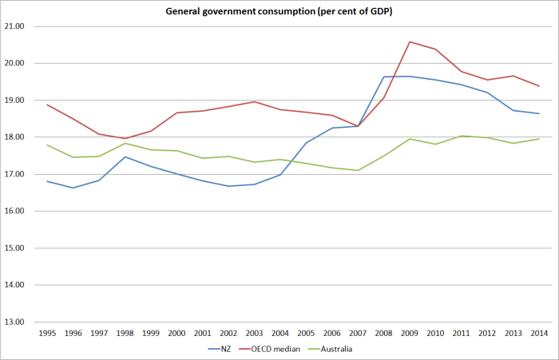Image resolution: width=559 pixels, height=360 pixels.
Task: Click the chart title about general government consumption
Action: pos(279,11)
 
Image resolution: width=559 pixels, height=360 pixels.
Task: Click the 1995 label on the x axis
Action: pos(47,333)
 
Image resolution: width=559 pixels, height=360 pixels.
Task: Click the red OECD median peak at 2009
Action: pos(409,42)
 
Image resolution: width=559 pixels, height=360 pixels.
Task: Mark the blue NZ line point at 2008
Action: pos(383,77)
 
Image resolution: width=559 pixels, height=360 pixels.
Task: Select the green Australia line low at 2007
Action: pos(358,170)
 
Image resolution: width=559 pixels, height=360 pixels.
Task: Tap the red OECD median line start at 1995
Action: pos(47,105)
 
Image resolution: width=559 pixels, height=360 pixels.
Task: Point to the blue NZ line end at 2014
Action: pos(538,113)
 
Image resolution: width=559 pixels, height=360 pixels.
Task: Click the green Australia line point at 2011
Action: pos(462,136)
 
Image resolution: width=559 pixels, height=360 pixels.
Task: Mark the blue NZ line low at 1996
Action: pos(73,188)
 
